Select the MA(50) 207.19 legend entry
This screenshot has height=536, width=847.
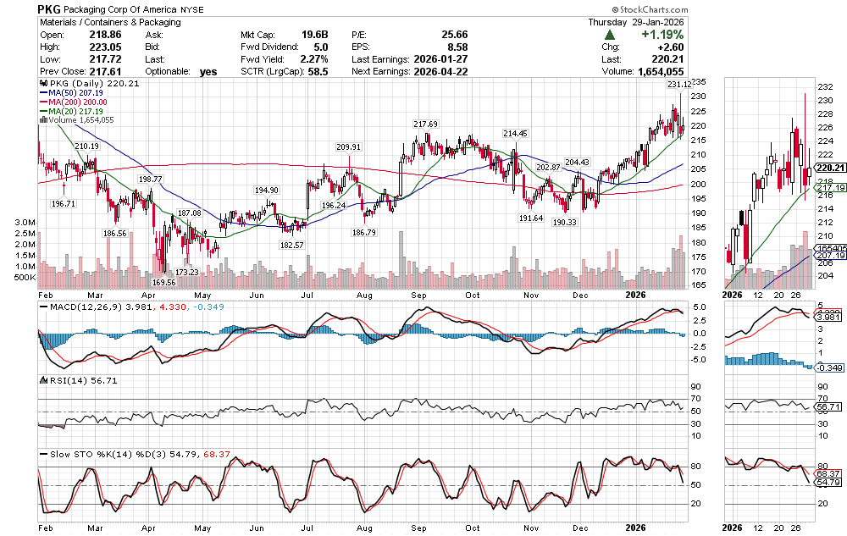click(70, 93)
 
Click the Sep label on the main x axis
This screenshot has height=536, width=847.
click(419, 296)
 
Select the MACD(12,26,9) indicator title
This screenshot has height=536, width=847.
click(78, 307)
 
